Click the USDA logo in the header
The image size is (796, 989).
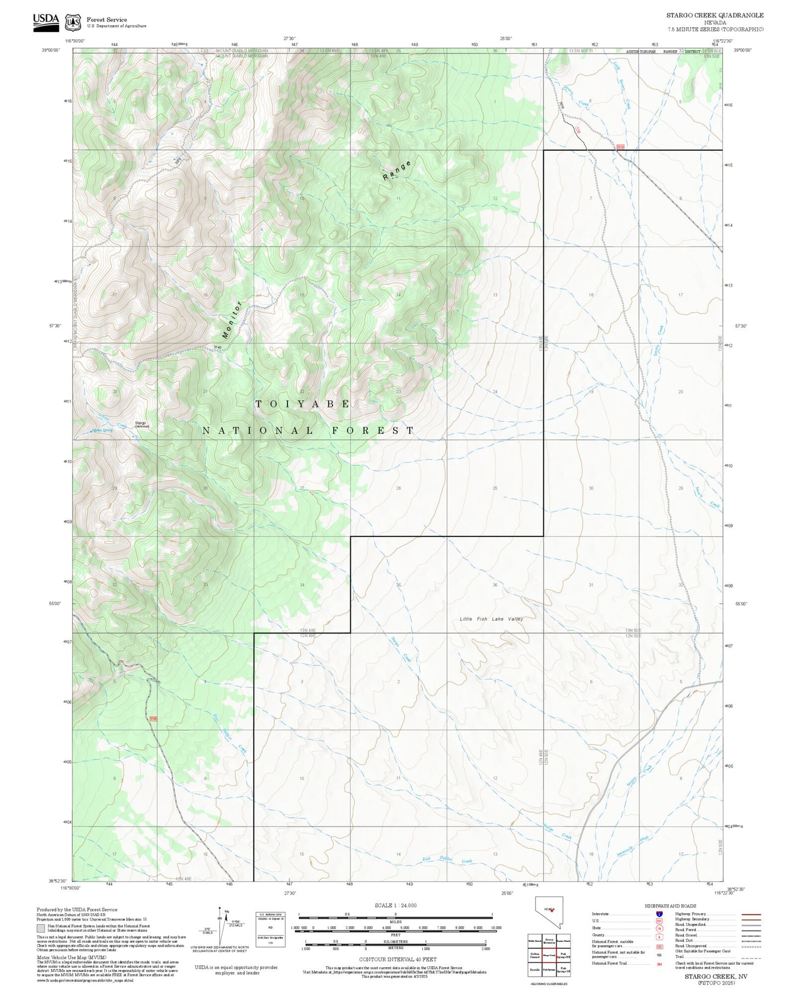[46, 22]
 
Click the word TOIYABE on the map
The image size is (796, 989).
[303, 404]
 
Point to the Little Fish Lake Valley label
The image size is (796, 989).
[491, 619]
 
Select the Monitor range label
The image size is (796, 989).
[232, 320]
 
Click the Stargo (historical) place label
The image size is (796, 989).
[140, 424]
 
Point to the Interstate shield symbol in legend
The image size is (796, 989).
[659, 914]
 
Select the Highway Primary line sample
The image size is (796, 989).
[748, 915]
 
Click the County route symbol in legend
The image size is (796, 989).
[659, 937]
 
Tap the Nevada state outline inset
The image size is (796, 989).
[549, 913]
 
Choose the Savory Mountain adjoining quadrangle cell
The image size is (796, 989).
[549, 941]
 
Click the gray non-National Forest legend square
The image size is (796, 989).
[41, 928]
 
